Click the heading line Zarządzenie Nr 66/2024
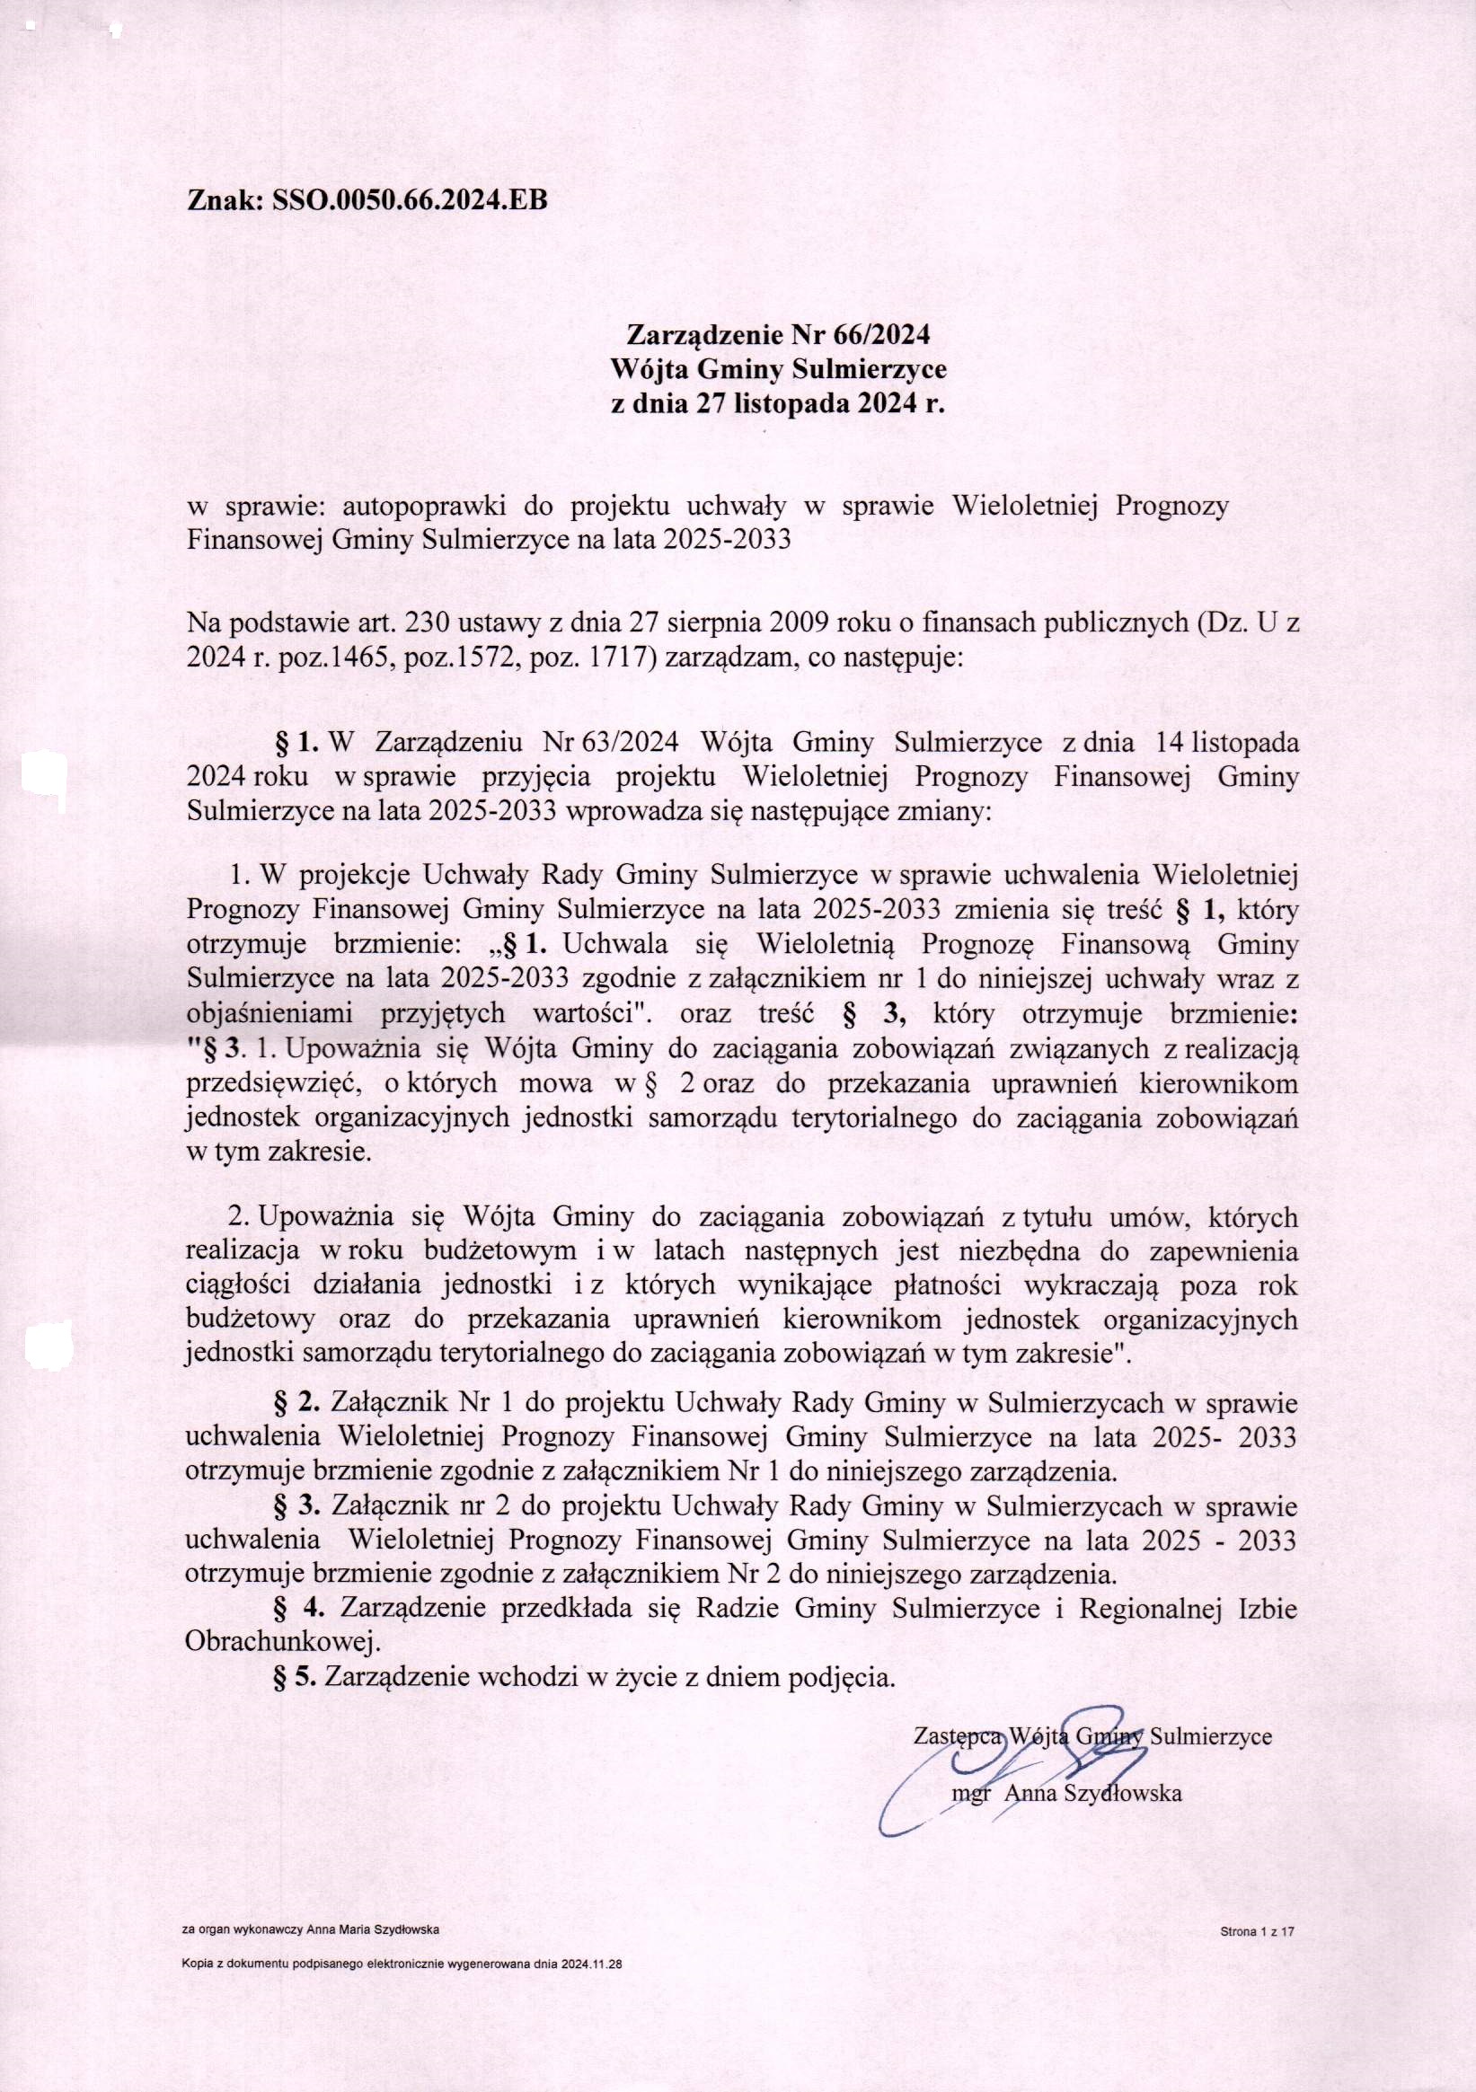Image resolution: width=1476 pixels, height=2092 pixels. tap(772, 334)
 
